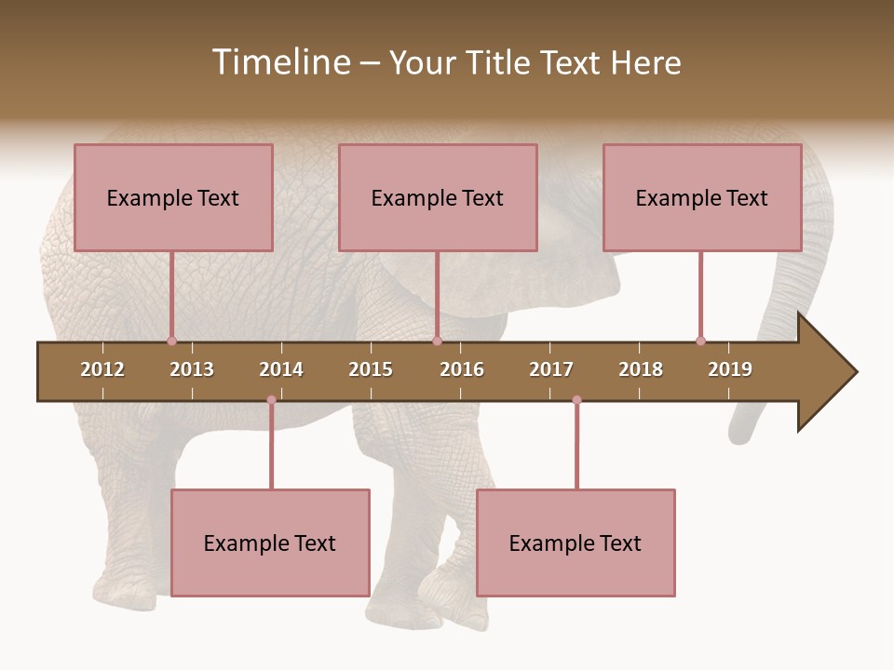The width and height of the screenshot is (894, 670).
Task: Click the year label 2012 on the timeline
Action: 102,369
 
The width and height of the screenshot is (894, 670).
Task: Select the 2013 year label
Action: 192,369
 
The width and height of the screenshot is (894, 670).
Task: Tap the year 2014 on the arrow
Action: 281,369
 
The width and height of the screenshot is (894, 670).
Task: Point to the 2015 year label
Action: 371,369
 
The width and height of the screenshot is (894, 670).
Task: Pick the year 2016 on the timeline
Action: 462,369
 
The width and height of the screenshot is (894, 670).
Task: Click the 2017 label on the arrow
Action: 551,369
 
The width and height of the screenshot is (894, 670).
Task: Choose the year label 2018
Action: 641,369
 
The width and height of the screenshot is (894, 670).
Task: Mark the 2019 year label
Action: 730,369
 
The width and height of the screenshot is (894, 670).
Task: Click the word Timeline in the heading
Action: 279,62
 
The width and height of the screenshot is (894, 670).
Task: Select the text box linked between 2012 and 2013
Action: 173,197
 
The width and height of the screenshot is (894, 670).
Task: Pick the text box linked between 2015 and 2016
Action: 438,197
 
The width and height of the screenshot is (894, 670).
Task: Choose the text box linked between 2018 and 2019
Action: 702,197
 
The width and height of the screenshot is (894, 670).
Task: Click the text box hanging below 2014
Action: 270,543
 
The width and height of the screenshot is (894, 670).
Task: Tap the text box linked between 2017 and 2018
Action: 576,543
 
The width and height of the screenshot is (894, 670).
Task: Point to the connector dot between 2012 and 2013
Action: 171,341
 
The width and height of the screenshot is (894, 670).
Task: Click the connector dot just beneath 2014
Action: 271,400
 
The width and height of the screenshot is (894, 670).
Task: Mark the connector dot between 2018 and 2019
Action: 700,341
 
